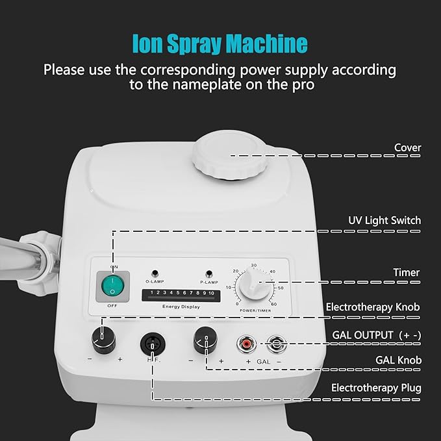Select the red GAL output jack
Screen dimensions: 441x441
point(247,342)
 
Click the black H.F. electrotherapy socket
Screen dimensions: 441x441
point(153,342)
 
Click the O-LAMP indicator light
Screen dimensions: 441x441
point(155,273)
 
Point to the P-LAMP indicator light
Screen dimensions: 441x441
point(209,273)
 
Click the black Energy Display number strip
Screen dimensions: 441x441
point(181,294)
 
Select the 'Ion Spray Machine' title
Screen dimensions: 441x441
point(220,44)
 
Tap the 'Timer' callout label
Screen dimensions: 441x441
point(407,273)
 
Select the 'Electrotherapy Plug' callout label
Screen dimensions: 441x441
point(376,388)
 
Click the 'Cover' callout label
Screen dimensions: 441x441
point(407,147)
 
